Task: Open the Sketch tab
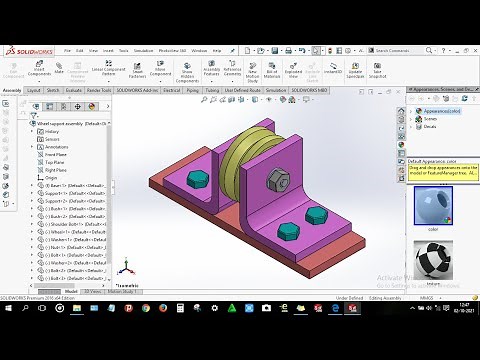(x=53, y=89)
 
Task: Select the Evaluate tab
(x=75, y=89)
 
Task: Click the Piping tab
(x=194, y=89)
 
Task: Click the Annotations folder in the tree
(x=57, y=146)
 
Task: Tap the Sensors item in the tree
(x=53, y=139)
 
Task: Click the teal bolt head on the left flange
(x=199, y=180)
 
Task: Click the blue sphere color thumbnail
(x=432, y=207)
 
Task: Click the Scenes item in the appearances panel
(x=431, y=119)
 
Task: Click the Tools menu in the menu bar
(x=123, y=50)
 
